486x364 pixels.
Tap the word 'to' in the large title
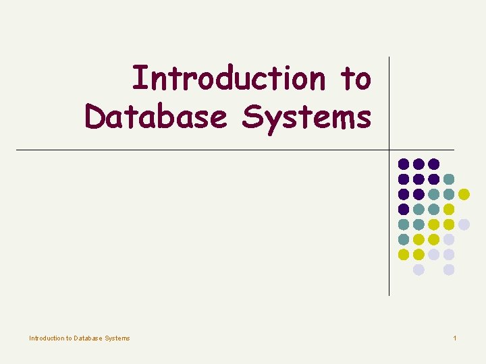(356, 78)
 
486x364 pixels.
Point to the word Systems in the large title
(306, 118)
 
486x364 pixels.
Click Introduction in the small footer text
(46, 338)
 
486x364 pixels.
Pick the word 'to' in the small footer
(68, 338)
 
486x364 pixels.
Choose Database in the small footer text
(88, 338)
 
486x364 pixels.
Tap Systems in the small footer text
(117, 338)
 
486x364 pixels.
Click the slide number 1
(455, 338)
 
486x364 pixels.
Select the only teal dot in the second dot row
(449, 179)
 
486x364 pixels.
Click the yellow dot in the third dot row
(464, 194)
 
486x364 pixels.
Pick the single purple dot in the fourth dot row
(404, 209)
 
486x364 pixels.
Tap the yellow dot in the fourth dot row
(449, 209)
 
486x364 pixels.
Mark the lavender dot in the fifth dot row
(464, 224)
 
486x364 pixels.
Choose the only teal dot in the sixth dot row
(404, 239)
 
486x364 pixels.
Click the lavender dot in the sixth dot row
(449, 239)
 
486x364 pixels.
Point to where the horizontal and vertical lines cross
(389, 150)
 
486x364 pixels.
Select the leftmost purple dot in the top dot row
(404, 164)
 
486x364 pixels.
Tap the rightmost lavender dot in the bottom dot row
(449, 270)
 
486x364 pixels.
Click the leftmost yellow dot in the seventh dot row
(404, 254)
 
